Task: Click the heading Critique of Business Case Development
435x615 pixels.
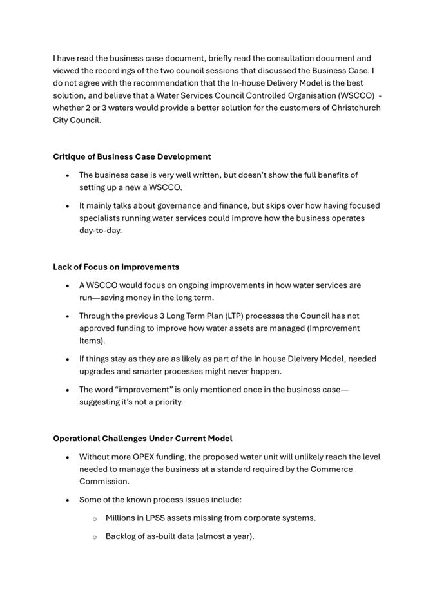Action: tap(131, 156)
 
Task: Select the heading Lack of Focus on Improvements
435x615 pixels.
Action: tap(116, 267)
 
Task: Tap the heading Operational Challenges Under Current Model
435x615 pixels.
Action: tap(142, 439)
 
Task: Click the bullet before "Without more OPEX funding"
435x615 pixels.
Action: tap(68, 457)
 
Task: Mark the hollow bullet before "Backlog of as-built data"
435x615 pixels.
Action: tap(95, 536)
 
